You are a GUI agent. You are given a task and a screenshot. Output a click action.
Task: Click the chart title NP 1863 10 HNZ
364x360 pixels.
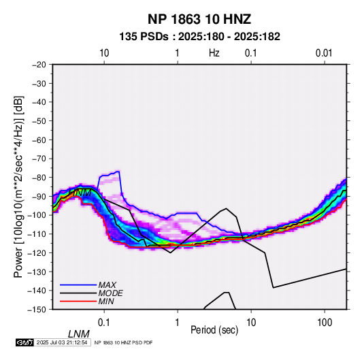click(199, 19)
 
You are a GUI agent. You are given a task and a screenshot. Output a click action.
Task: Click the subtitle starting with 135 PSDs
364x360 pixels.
click(199, 37)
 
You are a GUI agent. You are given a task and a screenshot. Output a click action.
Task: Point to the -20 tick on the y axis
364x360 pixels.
click(39, 65)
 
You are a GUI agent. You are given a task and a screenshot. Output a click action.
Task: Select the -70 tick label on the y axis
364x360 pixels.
click(39, 159)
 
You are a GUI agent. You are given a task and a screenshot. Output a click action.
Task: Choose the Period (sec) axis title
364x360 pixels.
click(214, 330)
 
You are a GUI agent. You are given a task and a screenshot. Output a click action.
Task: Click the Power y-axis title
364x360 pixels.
click(18, 186)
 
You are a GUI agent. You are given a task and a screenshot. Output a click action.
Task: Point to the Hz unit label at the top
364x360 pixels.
click(214, 53)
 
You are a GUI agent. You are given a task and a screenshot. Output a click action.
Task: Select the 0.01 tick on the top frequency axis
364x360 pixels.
click(324, 53)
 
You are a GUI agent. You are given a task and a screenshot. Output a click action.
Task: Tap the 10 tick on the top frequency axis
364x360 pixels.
click(104, 53)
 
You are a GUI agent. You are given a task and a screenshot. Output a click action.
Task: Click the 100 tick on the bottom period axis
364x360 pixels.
click(325, 323)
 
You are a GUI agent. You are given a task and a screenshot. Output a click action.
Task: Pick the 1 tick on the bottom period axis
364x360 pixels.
click(178, 323)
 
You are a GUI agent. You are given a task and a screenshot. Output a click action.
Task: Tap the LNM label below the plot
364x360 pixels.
click(79, 334)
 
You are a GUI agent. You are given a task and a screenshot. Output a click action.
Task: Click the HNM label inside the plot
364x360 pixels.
click(80, 193)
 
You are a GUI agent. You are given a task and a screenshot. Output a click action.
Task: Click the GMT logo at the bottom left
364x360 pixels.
click(25, 342)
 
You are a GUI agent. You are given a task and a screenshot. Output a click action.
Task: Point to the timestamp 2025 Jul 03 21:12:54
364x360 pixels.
click(62, 342)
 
